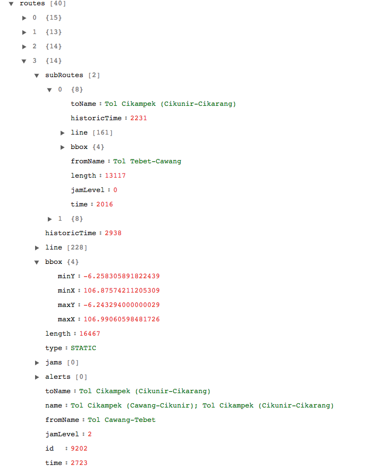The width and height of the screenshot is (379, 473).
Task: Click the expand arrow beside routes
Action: (11, 4)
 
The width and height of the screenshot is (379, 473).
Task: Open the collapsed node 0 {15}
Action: (24, 18)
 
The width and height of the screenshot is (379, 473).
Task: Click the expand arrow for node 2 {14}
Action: (24, 47)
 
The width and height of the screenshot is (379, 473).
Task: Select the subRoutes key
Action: (64, 76)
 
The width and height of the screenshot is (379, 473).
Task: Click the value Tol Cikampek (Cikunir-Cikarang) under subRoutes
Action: (170, 104)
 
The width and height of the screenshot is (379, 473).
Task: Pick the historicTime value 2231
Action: (138, 119)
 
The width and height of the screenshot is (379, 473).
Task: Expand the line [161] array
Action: (63, 133)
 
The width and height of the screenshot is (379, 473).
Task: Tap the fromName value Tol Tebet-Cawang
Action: (147, 162)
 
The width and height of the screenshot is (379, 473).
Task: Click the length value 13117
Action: (115, 176)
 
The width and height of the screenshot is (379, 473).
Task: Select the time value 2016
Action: (105, 205)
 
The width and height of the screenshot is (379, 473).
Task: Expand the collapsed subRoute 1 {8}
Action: (50, 219)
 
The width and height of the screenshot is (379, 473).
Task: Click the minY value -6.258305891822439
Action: (121, 277)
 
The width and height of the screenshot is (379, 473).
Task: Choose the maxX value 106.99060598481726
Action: (121, 320)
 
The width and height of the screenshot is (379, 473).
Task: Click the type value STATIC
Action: (83, 348)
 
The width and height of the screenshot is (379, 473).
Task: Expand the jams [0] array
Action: (37, 363)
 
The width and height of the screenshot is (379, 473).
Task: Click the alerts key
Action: (58, 377)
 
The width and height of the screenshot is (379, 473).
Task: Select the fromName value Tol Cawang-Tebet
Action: (121, 420)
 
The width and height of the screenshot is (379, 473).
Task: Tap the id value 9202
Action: (79, 449)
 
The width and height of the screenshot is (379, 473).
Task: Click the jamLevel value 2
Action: (90, 435)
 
